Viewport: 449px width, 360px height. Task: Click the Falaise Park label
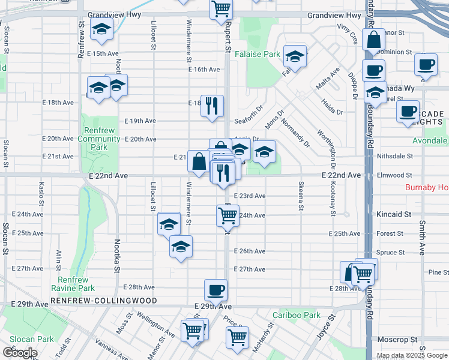click(258, 54)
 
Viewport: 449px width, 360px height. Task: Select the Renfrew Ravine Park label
click(73, 284)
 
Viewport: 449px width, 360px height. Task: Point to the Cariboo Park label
click(297, 315)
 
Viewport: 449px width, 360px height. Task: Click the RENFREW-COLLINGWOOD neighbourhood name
click(104, 301)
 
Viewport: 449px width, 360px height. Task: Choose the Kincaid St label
click(394, 214)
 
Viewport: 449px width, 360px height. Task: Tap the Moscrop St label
click(396, 340)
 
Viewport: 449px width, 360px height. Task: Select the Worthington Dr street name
click(324, 142)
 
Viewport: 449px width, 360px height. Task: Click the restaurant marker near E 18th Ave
click(212, 106)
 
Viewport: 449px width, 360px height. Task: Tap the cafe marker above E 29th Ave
click(215, 290)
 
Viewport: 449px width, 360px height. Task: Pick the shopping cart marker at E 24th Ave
click(228, 215)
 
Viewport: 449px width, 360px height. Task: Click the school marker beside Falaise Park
click(295, 56)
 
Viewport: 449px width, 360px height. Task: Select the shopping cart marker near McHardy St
click(238, 337)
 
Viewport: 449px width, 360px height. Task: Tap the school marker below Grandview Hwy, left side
click(101, 28)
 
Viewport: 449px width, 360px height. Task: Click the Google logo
click(20, 353)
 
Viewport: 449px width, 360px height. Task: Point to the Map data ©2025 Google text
click(412, 356)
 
